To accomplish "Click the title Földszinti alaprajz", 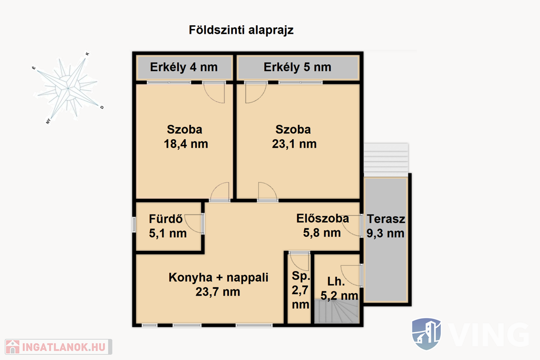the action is pyautogui.click(x=241, y=30).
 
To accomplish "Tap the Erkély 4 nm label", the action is pyautogui.click(x=184, y=67).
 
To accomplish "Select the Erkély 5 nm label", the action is pyautogui.click(x=297, y=67).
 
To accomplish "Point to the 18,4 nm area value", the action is pyautogui.click(x=186, y=144).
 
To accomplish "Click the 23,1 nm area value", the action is pyautogui.click(x=294, y=144).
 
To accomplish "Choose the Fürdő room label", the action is pyautogui.click(x=166, y=219).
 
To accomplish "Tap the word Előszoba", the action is pyautogui.click(x=323, y=219).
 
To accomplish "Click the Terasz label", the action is pyautogui.click(x=385, y=219).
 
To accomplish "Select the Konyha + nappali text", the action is pyautogui.click(x=218, y=277).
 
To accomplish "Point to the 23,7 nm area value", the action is pyautogui.click(x=218, y=292).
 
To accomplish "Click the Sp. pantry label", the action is pyautogui.click(x=301, y=276).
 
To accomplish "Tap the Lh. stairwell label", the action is pyautogui.click(x=336, y=281).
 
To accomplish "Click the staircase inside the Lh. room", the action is pyautogui.click(x=337, y=312).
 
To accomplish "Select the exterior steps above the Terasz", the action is pyautogui.click(x=386, y=159).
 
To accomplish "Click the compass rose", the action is pyautogui.click(x=67, y=89).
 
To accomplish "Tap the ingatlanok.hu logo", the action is pyautogui.click(x=58, y=347).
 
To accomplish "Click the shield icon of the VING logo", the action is pyautogui.click(x=426, y=334).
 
